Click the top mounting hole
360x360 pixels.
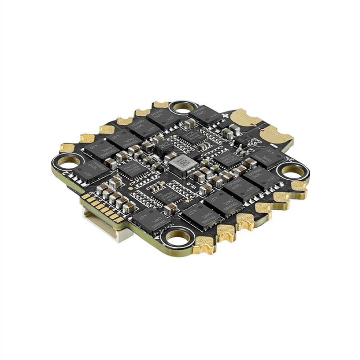click(x=183, y=107)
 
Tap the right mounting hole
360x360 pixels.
click(x=292, y=171)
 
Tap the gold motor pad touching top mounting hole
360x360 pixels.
click(x=161, y=105)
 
